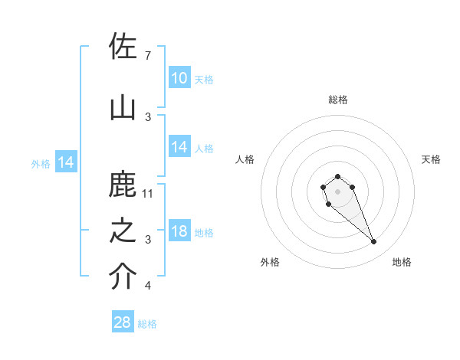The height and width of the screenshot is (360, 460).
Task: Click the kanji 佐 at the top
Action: pyautogui.click(x=123, y=47)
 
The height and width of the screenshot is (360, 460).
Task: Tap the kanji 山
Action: pyautogui.click(x=123, y=108)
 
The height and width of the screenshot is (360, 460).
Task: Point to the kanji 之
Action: pyautogui.click(x=123, y=231)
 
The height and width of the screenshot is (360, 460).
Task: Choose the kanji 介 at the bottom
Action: pyautogui.click(x=123, y=278)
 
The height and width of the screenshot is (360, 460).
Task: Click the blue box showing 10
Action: pyautogui.click(x=179, y=78)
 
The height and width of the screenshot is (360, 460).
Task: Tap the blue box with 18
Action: pyautogui.click(x=179, y=232)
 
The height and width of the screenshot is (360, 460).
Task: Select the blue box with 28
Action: pyautogui.click(x=123, y=322)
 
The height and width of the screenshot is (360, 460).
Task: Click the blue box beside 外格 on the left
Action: pyautogui.click(x=65, y=162)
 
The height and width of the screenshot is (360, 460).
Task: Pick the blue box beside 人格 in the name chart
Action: pyautogui.click(x=179, y=147)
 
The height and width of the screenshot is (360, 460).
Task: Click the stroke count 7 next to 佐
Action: pyautogui.click(x=147, y=55)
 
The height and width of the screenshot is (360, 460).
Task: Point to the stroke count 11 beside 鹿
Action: pyautogui.click(x=148, y=193)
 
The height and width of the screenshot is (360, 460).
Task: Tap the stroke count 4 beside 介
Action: pyautogui.click(x=147, y=286)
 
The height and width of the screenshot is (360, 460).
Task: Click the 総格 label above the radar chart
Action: pyautogui.click(x=337, y=100)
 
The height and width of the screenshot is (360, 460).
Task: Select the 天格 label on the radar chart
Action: pyautogui.click(x=431, y=159)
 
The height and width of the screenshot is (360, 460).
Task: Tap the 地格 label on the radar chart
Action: pyautogui.click(x=402, y=262)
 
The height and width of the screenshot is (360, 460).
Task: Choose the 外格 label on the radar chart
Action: pyautogui.click(x=270, y=262)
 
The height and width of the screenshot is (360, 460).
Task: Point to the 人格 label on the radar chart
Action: pyautogui.click(x=245, y=159)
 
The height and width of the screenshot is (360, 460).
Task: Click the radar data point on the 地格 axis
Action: pyautogui.click(x=374, y=242)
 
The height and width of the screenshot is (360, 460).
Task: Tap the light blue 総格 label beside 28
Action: pyautogui.click(x=147, y=324)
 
